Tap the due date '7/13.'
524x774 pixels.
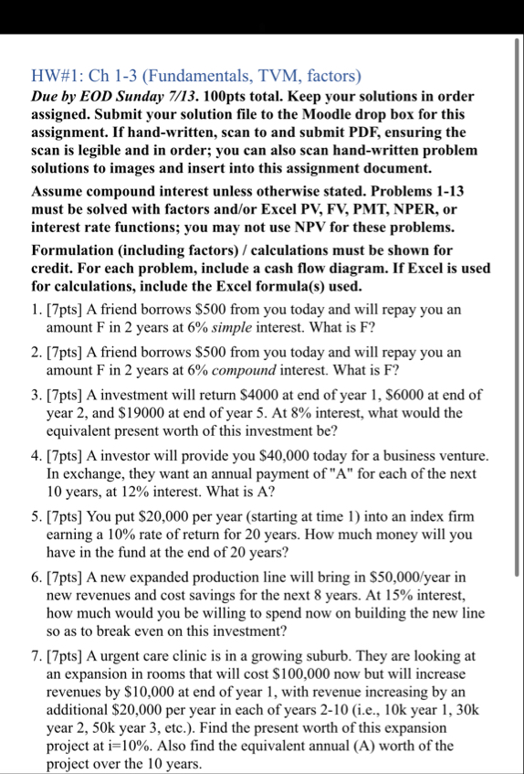tap(183, 97)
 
